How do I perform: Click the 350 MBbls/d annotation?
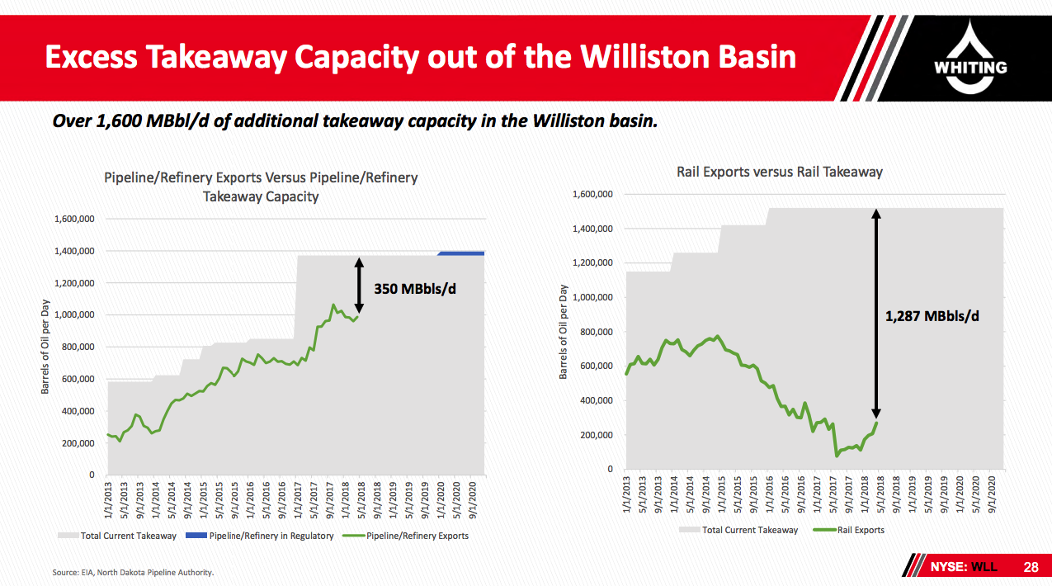coord(414,289)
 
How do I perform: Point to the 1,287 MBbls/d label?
coord(932,316)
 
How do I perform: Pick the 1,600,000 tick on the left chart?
coord(74,219)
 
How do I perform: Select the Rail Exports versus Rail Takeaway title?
coord(779,172)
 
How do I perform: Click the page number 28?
coord(1031,567)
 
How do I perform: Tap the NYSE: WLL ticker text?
coord(964,567)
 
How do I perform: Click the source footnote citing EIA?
coord(133,572)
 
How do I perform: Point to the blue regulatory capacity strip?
coord(461,253)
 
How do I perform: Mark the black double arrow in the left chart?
coord(359,285)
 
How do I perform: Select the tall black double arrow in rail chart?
coord(876,314)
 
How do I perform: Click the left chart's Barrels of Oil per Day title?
coord(45,346)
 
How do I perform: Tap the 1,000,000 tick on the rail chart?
coord(592,297)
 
